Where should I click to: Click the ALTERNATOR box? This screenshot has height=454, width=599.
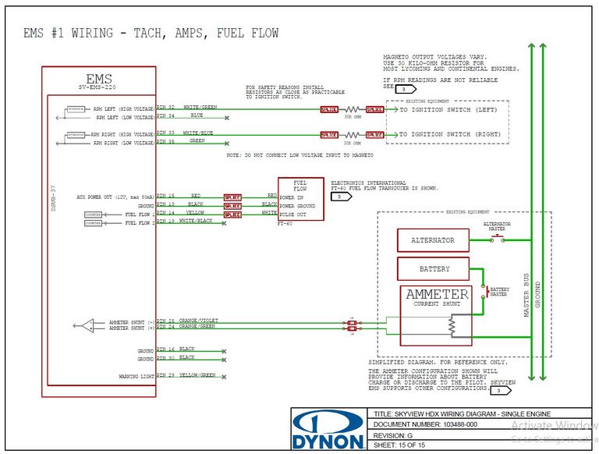coord(433,240)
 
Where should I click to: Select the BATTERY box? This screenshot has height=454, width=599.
coord(434,269)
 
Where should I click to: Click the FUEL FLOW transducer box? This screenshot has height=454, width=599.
coord(299,198)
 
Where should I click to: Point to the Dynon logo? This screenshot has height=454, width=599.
coord(328,430)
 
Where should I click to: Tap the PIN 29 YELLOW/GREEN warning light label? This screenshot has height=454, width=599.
coord(186,375)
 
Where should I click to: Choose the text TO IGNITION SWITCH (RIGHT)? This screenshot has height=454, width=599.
coord(449,135)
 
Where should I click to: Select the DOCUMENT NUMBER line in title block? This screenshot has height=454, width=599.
coord(427,424)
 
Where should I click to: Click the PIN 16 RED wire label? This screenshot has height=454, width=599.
coord(179,196)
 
